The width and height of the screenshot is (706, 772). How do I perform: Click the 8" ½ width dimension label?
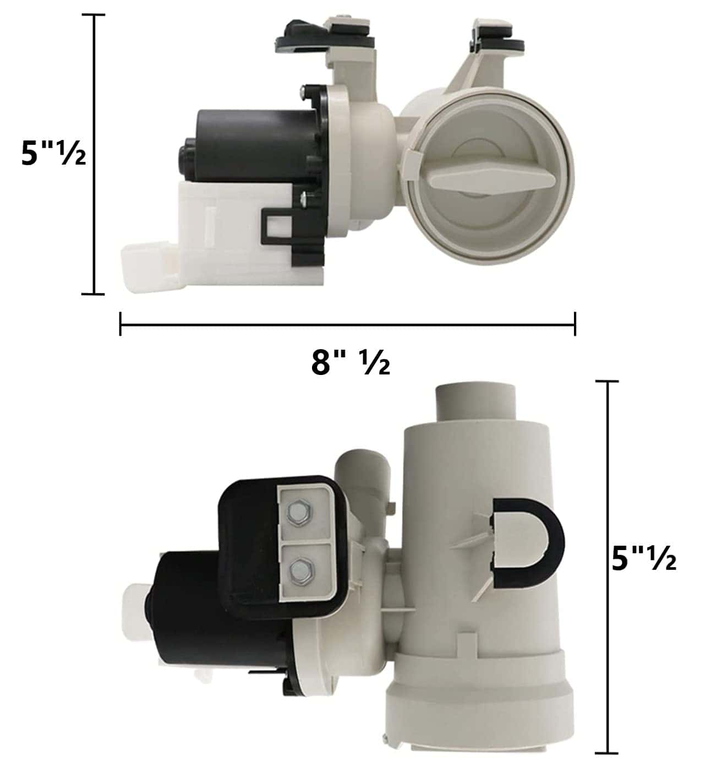click(x=351, y=363)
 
